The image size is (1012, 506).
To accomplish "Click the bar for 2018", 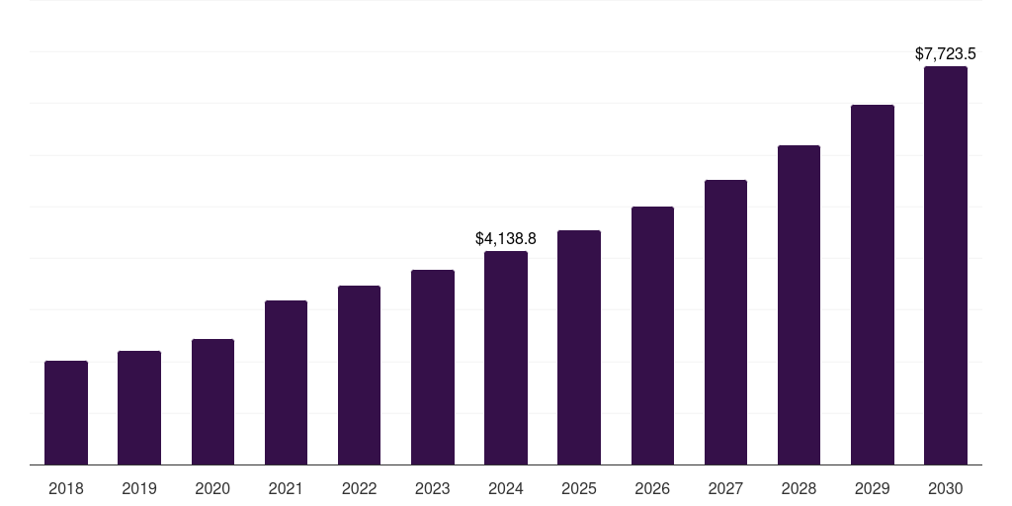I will coord(66,413).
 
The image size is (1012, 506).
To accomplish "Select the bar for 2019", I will coord(139,408).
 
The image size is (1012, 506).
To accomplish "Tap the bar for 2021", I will coord(286,382).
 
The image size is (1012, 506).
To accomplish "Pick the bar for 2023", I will coord(433,368).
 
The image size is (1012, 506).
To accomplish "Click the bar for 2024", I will coord(506,358).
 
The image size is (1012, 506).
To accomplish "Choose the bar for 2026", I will coord(652,336).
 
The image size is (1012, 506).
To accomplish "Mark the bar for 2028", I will coord(799,305).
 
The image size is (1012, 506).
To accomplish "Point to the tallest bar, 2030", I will coord(946,266).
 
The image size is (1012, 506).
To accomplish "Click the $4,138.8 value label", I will coord(506,239).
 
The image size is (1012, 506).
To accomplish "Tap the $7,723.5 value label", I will coord(946,54).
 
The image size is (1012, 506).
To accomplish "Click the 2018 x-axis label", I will coord(66,488).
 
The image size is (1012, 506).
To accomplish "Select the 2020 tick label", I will coord(212,488).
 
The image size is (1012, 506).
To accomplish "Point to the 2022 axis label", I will coord(359,488).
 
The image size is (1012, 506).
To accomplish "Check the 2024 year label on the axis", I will coord(506,488).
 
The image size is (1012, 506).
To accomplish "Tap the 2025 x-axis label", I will coord(579,488).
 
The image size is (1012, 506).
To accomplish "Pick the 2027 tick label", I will coord(725,488).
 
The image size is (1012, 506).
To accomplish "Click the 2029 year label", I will coord(873,488).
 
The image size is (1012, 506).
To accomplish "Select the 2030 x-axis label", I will coord(946,488).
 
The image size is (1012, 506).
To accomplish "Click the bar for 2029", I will coord(873,285).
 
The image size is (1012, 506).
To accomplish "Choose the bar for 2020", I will coord(212,402).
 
